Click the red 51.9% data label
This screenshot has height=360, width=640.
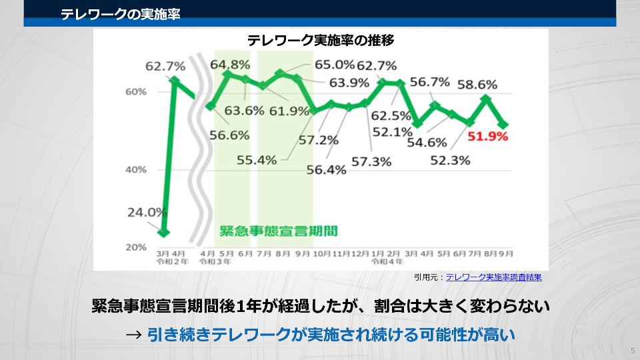click(488, 137)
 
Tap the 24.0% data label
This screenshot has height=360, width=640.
click(147, 213)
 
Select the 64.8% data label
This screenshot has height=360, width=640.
click(230, 65)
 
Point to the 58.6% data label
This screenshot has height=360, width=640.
click(477, 85)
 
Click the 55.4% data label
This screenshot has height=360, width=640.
click(257, 160)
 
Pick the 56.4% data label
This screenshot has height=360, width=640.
click(327, 170)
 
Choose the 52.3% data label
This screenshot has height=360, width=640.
click(451, 161)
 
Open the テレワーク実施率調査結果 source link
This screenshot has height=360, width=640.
click(493, 277)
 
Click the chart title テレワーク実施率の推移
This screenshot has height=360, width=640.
click(321, 40)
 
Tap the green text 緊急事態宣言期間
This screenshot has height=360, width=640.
click(279, 231)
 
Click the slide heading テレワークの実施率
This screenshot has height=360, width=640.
click(120, 13)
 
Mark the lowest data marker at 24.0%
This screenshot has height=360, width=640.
click(163, 232)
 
